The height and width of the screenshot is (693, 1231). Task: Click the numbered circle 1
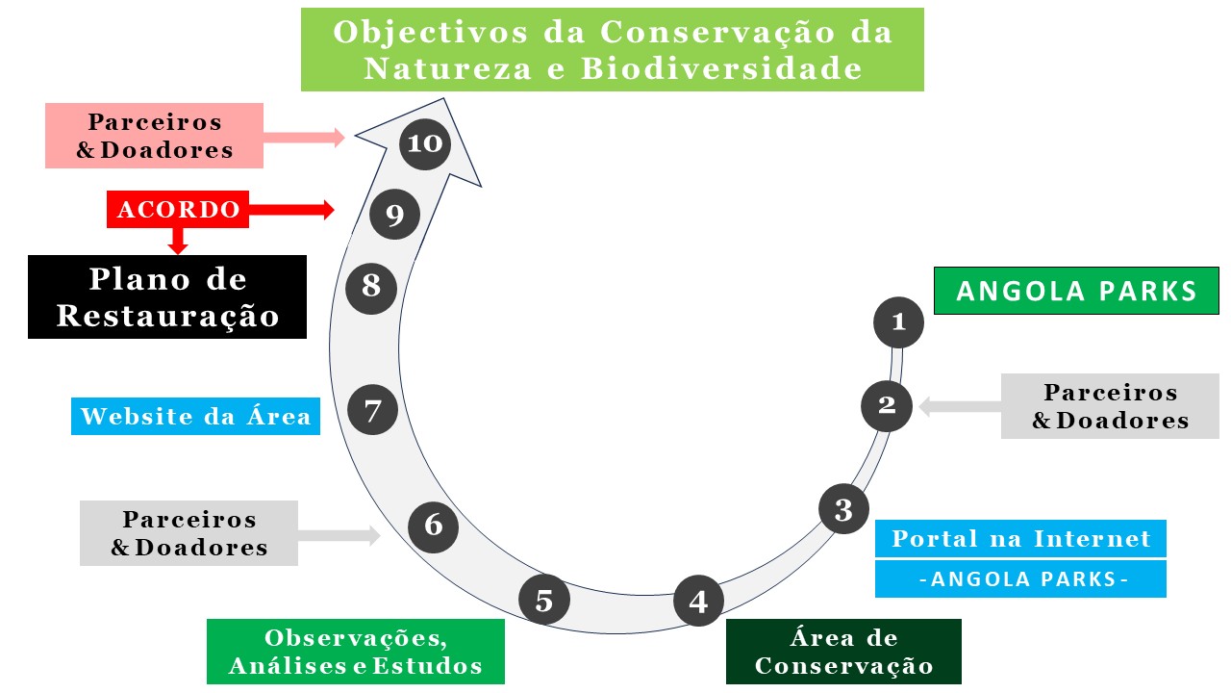point(898,322)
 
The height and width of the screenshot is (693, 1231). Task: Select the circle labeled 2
point(887,406)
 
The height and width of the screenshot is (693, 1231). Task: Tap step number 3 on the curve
point(843,509)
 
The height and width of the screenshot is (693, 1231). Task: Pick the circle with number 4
point(698,601)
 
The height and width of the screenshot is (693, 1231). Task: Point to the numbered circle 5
point(544,600)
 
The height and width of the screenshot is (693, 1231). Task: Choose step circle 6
point(433,526)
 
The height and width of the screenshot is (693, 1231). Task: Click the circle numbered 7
point(372,410)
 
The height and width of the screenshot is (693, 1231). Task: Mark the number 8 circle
point(371,289)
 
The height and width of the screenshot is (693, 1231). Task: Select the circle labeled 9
point(394,214)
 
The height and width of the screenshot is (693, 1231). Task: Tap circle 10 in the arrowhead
point(425,144)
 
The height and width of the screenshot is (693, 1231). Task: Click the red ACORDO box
point(178,209)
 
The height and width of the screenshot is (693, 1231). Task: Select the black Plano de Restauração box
point(167,297)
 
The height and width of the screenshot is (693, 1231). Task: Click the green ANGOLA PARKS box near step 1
point(1076,291)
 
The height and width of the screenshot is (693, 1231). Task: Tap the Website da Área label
point(195,417)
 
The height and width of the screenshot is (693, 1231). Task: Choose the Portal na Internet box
point(1020,538)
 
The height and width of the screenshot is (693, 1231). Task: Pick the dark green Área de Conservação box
point(843,652)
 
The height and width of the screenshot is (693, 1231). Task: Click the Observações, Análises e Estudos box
point(356,652)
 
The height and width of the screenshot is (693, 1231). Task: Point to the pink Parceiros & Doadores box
point(155,136)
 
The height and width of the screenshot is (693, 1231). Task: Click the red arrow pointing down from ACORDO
point(178,241)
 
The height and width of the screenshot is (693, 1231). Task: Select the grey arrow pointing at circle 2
point(960,407)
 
